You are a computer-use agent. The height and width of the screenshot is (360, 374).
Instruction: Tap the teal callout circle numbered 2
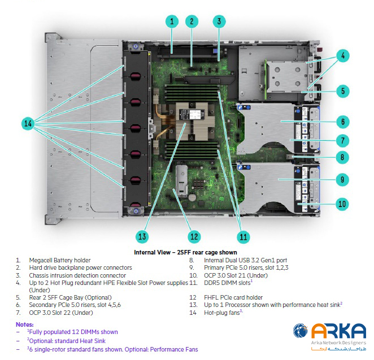point(192,22)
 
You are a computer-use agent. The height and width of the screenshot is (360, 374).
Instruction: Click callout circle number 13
point(142,236)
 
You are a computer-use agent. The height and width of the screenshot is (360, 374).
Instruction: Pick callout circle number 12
point(194,236)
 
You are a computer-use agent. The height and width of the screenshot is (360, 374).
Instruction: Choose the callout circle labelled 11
point(243,236)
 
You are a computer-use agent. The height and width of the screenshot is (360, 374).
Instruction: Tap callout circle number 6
point(341,121)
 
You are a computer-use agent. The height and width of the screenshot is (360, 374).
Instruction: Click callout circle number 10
point(341,204)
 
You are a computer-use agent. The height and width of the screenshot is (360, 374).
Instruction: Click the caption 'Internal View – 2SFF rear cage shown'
point(185,252)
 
